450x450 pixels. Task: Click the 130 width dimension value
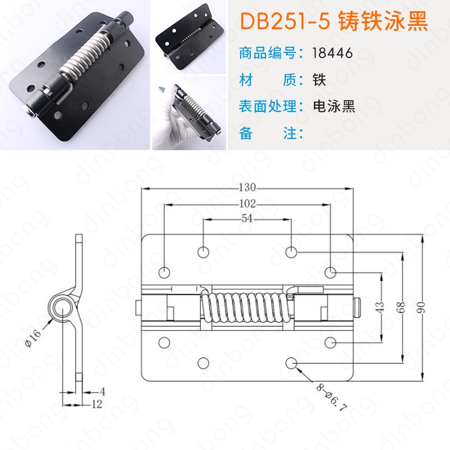click(247, 187)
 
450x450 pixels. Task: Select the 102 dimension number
click(247, 204)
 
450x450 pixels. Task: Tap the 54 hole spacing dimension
click(247, 219)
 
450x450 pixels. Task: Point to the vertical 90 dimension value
click(421, 308)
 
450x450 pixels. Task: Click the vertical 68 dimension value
click(402, 308)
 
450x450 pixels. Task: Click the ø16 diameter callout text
click(33, 338)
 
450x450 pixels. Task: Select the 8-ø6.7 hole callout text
click(332, 397)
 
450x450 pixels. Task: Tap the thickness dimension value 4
click(102, 391)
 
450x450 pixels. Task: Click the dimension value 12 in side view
click(97, 404)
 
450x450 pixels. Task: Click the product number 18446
click(332, 53)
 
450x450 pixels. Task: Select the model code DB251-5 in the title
click(285, 21)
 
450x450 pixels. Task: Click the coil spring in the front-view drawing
click(247, 308)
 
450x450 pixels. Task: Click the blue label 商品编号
click(268, 53)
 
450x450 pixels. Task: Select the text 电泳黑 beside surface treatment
click(334, 106)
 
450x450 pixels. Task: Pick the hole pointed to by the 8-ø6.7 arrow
click(291, 363)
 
